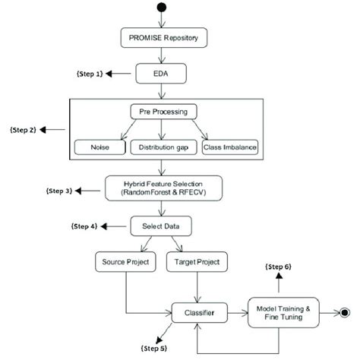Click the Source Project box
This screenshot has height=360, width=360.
(123, 262)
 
